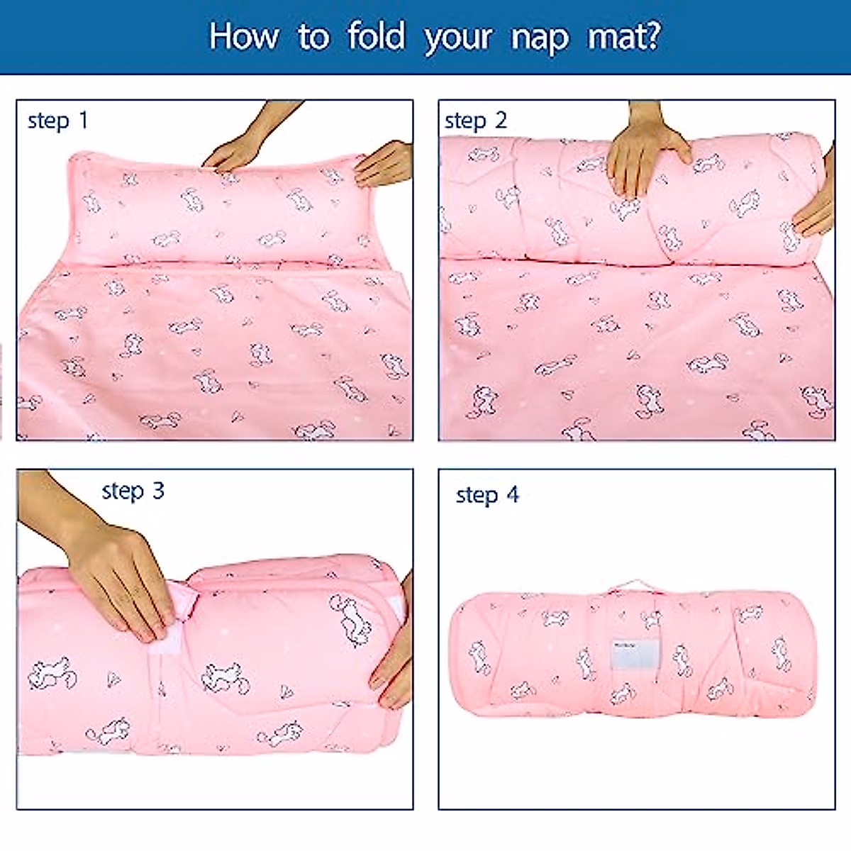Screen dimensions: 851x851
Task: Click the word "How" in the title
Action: point(243,36)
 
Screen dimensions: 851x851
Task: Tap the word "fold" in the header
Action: point(376,36)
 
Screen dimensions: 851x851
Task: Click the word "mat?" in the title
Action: point(623,36)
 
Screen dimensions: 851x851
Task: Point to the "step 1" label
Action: point(57,121)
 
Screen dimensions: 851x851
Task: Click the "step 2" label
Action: point(475,121)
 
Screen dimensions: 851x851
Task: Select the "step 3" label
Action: point(133,490)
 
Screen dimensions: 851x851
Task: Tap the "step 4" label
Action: point(487,494)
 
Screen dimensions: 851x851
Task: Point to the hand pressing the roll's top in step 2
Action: point(645,156)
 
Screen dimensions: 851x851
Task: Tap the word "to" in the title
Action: point(313,37)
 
